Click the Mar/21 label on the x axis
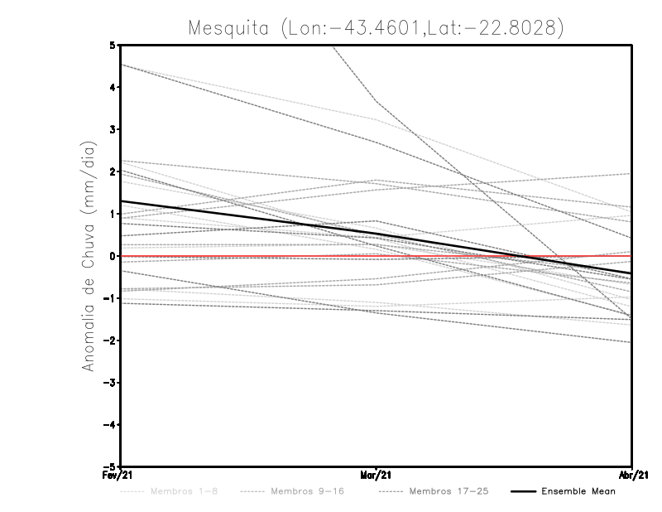tap(377, 476)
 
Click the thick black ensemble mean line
tap(248, 219)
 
